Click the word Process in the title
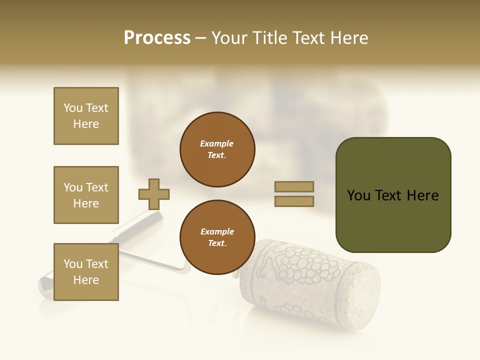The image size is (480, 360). pos(157,38)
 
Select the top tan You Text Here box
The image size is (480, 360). pos(86,116)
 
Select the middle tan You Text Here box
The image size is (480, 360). pos(86,195)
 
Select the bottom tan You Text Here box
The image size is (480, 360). pos(86,272)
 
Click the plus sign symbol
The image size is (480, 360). pos(154,194)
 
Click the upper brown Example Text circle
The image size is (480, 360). pos(217,149)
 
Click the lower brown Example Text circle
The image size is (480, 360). pos(217,237)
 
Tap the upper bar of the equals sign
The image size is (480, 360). pos(294,187)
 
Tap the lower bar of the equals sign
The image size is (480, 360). pos(294,201)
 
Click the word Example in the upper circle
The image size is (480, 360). pos(217,143)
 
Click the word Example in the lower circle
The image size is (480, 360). pos(217,231)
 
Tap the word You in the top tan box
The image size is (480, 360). pos(72,108)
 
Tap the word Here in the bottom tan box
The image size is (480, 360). pos(86,280)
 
